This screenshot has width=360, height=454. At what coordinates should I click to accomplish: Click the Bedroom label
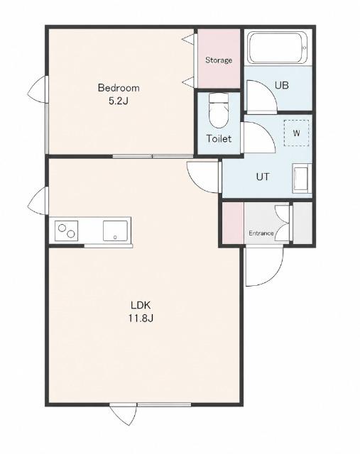[x=119, y=88]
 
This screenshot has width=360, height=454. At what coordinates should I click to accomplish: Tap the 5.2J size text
[x=119, y=101]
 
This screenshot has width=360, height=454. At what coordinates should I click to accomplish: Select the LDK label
[x=141, y=305]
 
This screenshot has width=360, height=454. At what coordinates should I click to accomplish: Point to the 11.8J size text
[x=141, y=319]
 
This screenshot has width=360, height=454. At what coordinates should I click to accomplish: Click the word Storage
[x=219, y=60]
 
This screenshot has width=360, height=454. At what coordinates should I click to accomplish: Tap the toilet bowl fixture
[x=219, y=111]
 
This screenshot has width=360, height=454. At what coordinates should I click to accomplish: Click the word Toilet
[x=219, y=139]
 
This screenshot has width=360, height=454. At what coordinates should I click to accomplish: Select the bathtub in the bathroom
[x=278, y=48]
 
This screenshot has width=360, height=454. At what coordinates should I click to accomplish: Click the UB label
[x=281, y=85]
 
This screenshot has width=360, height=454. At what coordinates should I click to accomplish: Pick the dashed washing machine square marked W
[x=296, y=133]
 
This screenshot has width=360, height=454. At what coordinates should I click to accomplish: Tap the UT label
[x=263, y=177]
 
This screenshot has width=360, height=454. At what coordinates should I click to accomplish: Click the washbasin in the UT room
[x=302, y=178]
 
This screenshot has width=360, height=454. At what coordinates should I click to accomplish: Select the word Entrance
[x=261, y=233]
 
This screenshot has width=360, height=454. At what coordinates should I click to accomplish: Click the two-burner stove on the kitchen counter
[x=66, y=231]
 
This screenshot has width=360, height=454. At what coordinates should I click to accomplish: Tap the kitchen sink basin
[x=115, y=231]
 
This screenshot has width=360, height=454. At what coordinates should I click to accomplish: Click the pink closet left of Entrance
[x=233, y=223]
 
